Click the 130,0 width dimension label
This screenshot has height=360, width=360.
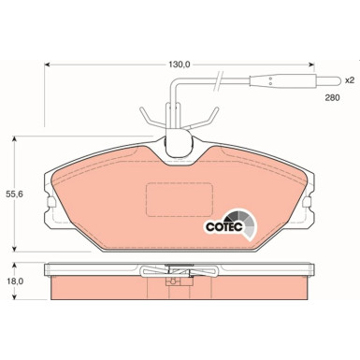click(x=180, y=64)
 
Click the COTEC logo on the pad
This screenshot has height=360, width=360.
click(x=224, y=223)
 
